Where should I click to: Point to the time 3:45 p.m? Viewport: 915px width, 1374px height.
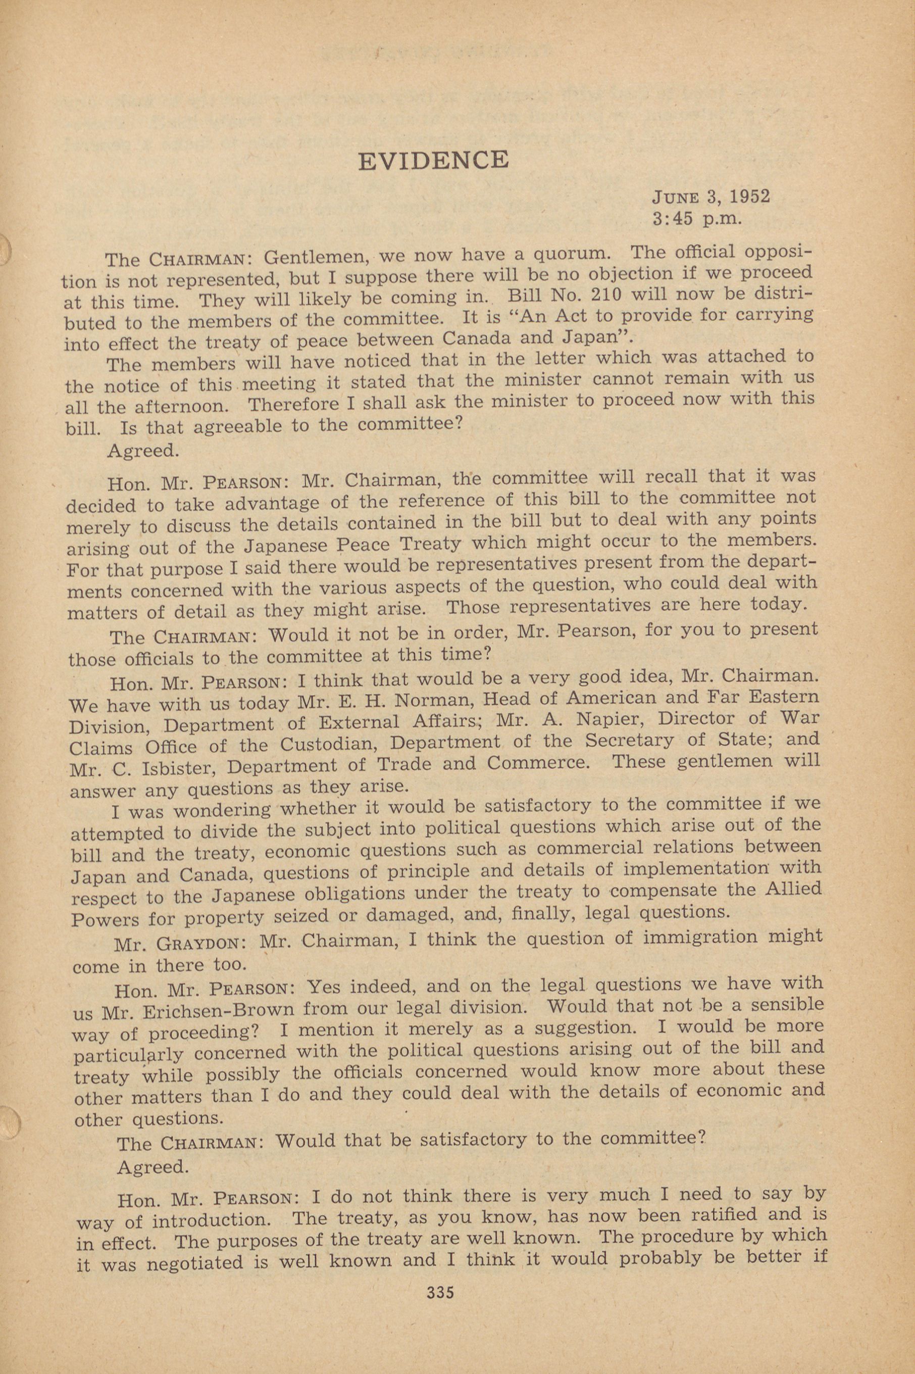click(x=697, y=219)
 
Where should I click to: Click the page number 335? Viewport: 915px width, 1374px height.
click(x=440, y=1292)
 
